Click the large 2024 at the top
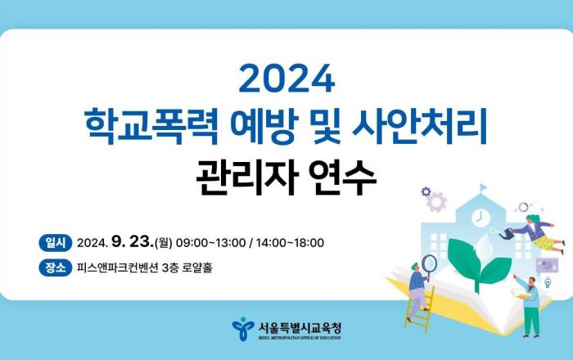[x=286, y=78]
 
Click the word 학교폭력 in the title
[x=151, y=124]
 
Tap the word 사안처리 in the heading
[x=419, y=124]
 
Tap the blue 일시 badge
[x=56, y=242]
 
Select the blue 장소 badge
[x=56, y=268]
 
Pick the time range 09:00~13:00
[x=211, y=243]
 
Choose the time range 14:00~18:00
[x=290, y=243]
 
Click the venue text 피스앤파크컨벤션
[x=117, y=268]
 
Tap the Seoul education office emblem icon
[x=243, y=329]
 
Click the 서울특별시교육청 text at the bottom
[x=300, y=327]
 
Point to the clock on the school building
[x=481, y=218]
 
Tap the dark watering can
[x=506, y=234]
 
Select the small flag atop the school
[x=483, y=187]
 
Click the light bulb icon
[x=548, y=282]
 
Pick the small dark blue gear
[x=426, y=191]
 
